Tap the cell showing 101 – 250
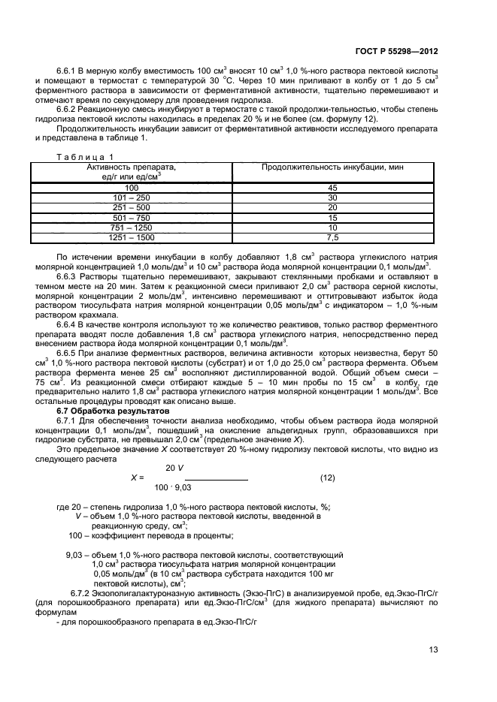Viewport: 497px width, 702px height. pos(132,197)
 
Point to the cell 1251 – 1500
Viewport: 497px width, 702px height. pos(132,237)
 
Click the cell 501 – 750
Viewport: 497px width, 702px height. pos(132,218)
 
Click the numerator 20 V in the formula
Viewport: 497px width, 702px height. pos(175,467)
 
